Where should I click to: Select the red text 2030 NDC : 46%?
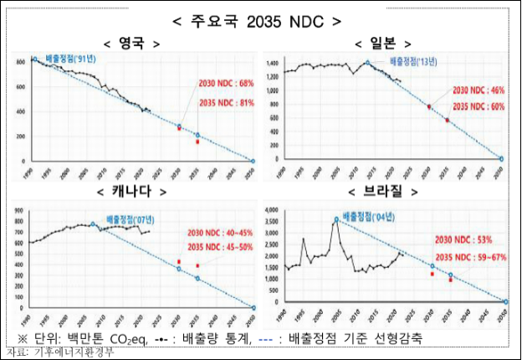[x=478, y=90]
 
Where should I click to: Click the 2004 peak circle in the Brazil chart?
[x=336, y=220]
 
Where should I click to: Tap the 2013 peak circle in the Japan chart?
[x=367, y=63]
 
